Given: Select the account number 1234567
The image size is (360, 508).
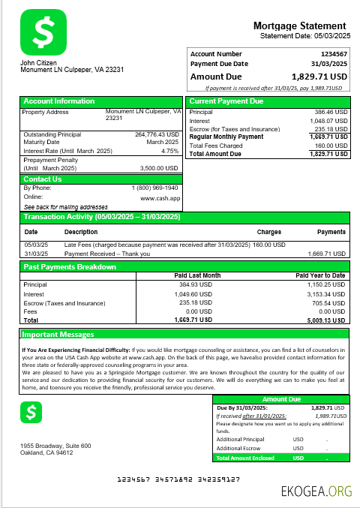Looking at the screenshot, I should point(334,54).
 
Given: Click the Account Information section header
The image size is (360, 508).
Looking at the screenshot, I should point(59,101).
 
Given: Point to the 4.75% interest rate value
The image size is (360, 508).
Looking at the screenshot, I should point(171,151).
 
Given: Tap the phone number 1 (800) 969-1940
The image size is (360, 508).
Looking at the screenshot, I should point(154,188).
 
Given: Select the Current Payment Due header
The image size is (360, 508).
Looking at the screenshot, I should point(226,101).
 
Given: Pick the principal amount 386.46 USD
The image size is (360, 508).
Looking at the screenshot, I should point(331,112).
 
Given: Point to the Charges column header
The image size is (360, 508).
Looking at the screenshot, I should point(268,232).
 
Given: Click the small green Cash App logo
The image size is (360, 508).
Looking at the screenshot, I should point(31,411).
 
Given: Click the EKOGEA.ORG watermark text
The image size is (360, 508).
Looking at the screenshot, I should point(316,491).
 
